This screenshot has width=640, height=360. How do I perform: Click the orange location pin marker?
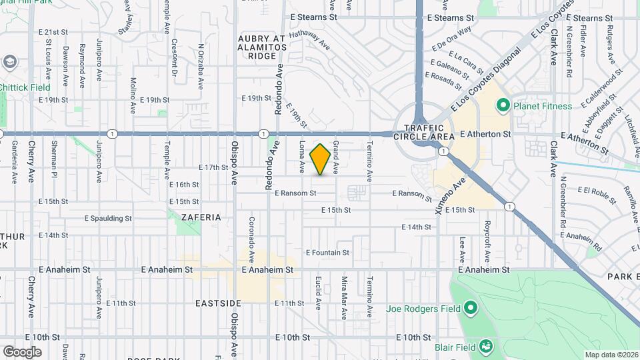(321, 159)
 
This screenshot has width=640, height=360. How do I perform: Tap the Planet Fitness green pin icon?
(503, 105)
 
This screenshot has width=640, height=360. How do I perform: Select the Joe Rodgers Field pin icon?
(471, 309)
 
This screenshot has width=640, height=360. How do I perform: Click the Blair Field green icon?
(486, 347)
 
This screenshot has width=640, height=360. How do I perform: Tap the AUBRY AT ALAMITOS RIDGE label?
(263, 47)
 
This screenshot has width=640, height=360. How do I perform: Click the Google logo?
(22, 352)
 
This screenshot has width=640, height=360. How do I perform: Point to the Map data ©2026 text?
(611, 355)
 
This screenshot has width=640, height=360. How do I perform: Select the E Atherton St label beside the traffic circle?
(485, 134)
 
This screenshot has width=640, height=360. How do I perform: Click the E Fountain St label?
(327, 253)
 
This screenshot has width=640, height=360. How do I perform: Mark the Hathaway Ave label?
(311, 44)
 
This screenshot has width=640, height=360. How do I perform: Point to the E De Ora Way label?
(451, 38)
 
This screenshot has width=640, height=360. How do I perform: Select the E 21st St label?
(53, 31)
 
